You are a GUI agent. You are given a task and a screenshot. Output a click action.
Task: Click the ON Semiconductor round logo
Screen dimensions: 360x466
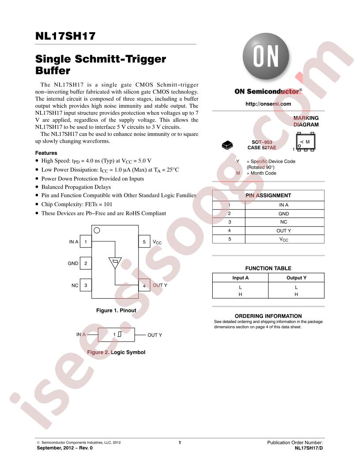point(266,56)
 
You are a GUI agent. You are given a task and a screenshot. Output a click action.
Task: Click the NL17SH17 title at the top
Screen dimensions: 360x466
point(65,36)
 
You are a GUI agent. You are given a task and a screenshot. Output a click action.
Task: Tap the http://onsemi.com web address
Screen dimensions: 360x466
point(268,104)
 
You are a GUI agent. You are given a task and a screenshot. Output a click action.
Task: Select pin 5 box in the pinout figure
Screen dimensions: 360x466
point(144,242)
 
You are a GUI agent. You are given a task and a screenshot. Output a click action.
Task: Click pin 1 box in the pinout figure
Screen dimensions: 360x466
point(86,242)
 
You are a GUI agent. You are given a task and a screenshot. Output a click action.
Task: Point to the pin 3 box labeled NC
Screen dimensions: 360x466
point(86,286)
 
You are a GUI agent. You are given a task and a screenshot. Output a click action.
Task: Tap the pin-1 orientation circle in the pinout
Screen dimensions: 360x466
point(97,230)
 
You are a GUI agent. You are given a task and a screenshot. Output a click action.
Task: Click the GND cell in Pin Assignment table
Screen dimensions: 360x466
point(284,214)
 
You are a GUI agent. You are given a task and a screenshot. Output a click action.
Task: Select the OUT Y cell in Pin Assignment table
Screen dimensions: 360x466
point(284,231)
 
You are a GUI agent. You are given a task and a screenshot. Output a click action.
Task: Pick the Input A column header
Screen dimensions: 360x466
point(240,278)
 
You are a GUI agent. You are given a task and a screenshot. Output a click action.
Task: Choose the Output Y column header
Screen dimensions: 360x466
point(296,278)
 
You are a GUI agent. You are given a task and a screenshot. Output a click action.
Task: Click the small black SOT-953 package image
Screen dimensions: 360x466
point(228,145)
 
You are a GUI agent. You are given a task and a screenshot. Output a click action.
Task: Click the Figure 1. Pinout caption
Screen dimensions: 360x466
point(116,310)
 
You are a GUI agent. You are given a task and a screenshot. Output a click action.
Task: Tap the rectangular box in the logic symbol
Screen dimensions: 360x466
point(116,334)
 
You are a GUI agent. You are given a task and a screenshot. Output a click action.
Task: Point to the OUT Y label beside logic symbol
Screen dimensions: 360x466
point(155,335)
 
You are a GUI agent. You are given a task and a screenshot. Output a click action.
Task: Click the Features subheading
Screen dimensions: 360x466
point(46,153)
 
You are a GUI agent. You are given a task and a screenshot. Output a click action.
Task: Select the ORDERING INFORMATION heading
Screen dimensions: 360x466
point(268,316)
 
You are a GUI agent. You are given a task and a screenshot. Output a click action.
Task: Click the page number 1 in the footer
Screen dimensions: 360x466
point(180,443)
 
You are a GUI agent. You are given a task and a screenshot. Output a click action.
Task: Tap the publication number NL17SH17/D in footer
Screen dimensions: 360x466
point(309,448)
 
